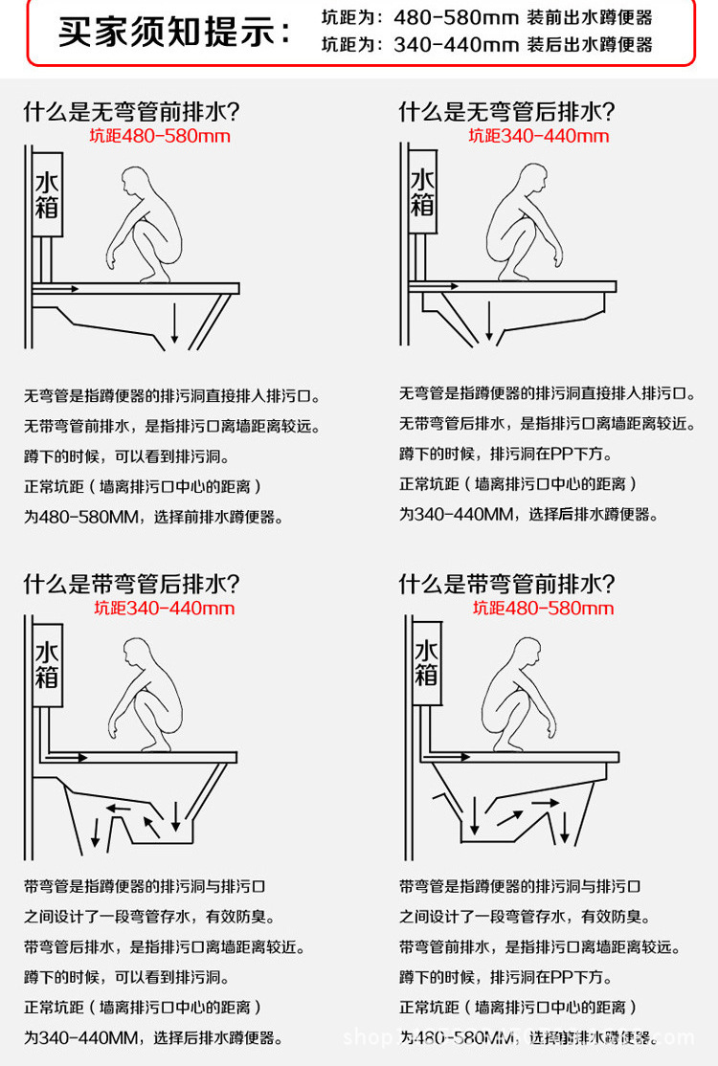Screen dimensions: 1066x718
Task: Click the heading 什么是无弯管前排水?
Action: (x=131, y=112)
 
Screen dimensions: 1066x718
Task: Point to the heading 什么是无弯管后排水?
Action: (x=506, y=112)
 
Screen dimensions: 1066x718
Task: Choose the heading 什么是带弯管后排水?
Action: (x=131, y=584)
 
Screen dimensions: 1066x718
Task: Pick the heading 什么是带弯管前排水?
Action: (x=506, y=584)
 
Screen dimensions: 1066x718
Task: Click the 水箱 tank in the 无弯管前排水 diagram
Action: (x=48, y=193)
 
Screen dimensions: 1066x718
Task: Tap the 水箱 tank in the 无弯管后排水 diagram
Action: (x=422, y=191)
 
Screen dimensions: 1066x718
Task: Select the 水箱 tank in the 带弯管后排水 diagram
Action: (x=48, y=665)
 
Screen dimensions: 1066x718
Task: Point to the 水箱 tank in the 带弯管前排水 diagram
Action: (x=426, y=663)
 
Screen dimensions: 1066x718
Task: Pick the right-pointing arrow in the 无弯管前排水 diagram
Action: (x=59, y=286)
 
